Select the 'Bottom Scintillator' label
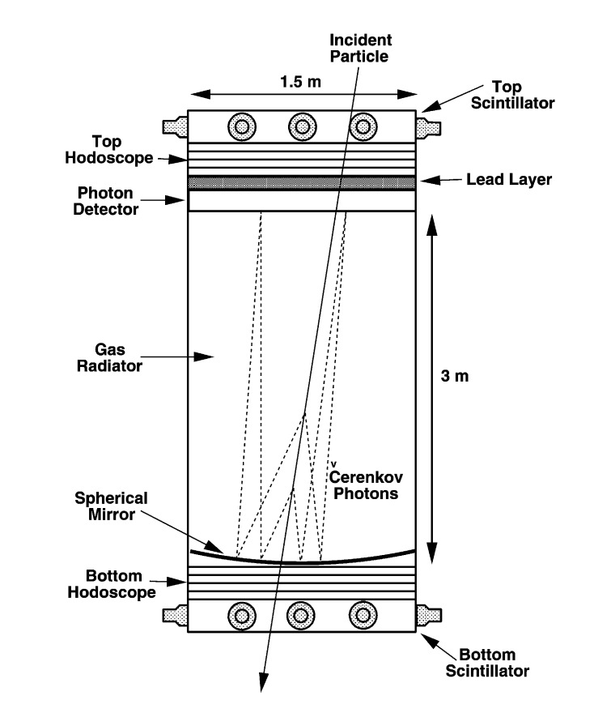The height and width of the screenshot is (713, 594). [x=494, y=663]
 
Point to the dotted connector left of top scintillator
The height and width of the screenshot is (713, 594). [x=175, y=126]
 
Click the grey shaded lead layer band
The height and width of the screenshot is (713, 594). [x=302, y=184]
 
